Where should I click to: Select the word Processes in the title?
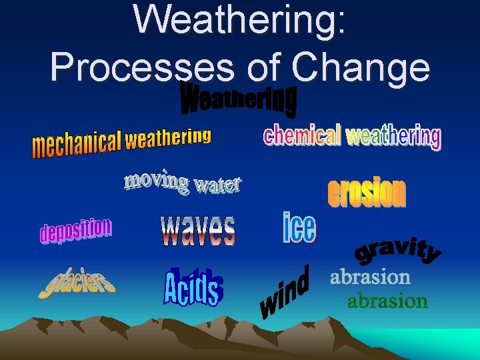(x=139, y=67)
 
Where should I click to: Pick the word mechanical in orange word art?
(x=77, y=143)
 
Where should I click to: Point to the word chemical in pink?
(x=302, y=135)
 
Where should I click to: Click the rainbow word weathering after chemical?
(x=393, y=136)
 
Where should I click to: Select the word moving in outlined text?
(x=156, y=181)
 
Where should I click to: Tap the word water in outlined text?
(x=217, y=185)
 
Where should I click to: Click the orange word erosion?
(x=366, y=192)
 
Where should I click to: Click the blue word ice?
(x=299, y=228)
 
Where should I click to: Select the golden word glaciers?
(x=76, y=283)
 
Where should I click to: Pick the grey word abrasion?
(x=370, y=277)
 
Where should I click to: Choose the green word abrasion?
(x=387, y=301)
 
